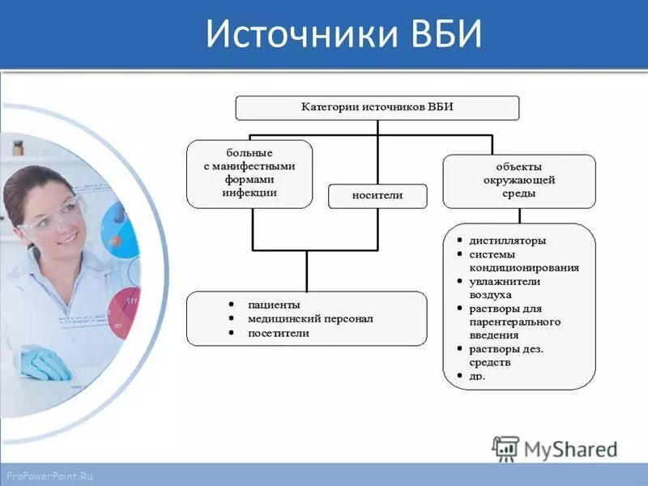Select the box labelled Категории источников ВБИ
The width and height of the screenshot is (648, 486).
pyautogui.click(x=377, y=107)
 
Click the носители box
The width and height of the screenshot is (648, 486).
pyautogui.click(x=377, y=195)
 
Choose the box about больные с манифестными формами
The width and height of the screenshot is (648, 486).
pyautogui.click(x=249, y=173)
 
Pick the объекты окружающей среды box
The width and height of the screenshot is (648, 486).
pyautogui.click(x=518, y=181)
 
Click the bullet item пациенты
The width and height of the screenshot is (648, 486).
pyautogui.click(x=274, y=305)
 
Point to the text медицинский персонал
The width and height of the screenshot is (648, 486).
pyautogui.click(x=310, y=318)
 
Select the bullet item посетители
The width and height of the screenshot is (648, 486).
pyautogui.click(x=278, y=333)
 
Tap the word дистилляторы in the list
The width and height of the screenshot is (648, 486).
pyautogui.click(x=507, y=241)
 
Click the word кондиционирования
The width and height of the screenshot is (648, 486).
pyautogui.click(x=524, y=267)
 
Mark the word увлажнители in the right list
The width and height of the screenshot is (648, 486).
pyautogui.click(x=505, y=281)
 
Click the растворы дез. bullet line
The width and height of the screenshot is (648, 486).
pyautogui.click(x=506, y=349)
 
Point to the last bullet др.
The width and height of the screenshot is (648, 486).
pyautogui.click(x=477, y=376)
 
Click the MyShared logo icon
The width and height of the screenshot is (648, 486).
pyautogui.click(x=505, y=448)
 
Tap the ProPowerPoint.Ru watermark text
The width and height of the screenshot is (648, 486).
pyautogui.click(x=49, y=476)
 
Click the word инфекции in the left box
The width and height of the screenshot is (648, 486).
pyautogui.click(x=249, y=192)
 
